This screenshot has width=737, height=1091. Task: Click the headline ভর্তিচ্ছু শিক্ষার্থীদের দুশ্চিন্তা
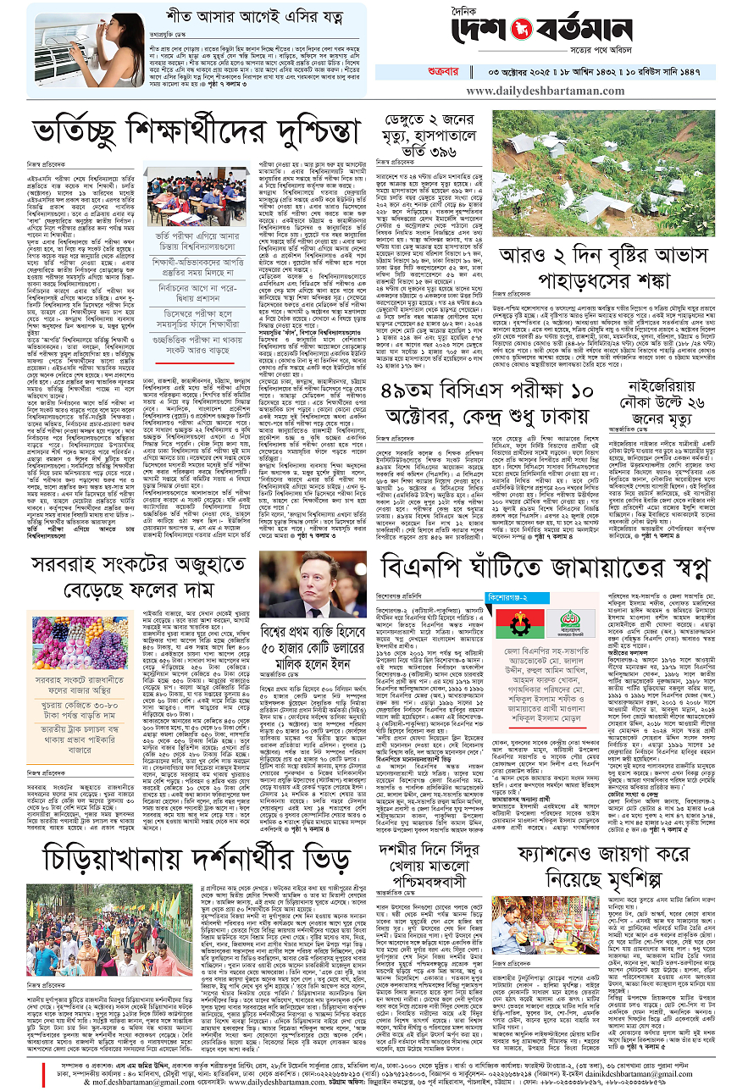tap(196, 134)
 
